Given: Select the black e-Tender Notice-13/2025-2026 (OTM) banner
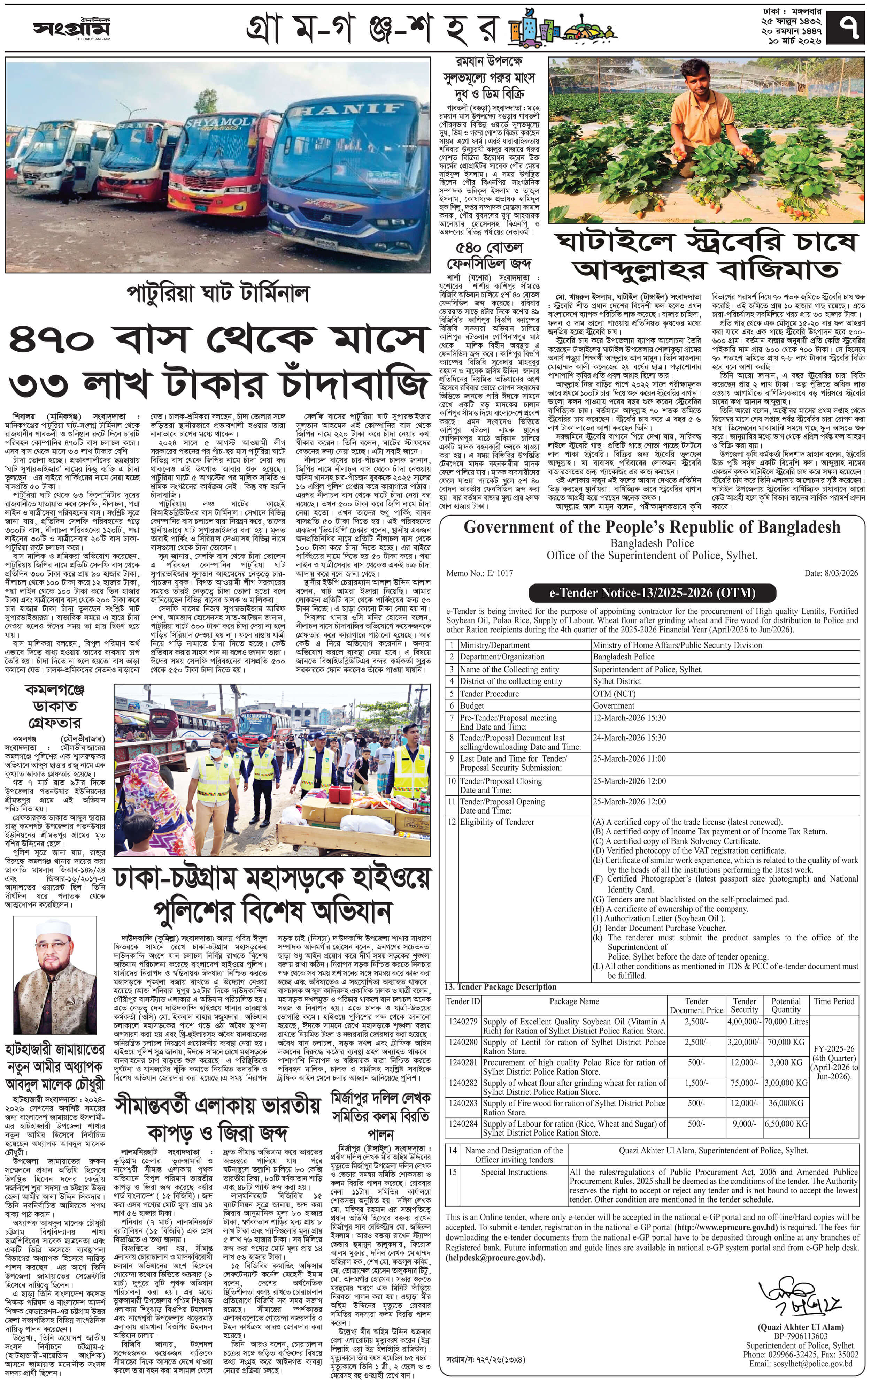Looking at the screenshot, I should (652, 593).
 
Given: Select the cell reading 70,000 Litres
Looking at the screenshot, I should (786, 1021).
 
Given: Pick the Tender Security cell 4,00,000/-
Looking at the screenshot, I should (744, 1021).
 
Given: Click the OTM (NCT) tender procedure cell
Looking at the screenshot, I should (614, 693).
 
